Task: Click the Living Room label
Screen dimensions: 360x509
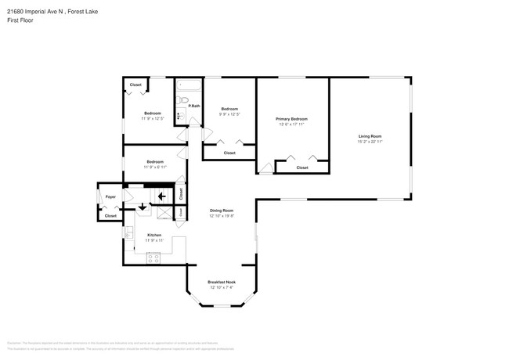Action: (370, 136)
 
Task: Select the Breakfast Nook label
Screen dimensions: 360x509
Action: (222, 282)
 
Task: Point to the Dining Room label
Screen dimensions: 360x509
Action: (222, 210)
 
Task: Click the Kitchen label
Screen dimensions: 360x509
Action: (154, 235)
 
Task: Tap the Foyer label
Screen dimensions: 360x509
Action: (110, 196)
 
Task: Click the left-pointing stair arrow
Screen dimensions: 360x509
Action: (163, 196)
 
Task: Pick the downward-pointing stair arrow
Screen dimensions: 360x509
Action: (143, 207)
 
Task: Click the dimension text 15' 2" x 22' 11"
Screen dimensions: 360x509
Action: (370, 142)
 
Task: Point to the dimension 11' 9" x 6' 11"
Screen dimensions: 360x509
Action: (154, 167)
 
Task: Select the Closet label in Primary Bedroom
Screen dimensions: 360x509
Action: (301, 167)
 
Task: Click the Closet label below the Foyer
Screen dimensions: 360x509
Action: (110, 215)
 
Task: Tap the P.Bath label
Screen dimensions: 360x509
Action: (193, 106)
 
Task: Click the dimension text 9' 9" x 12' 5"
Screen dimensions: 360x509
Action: (229, 114)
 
